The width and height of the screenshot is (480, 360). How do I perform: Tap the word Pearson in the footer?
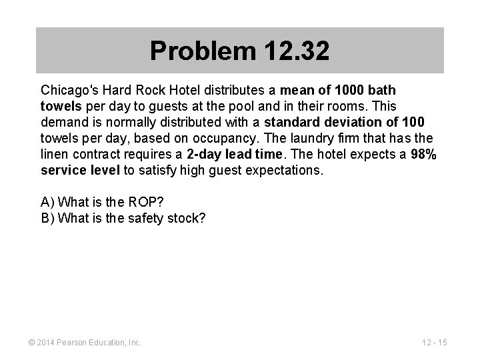pyautogui.click(x=76, y=343)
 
